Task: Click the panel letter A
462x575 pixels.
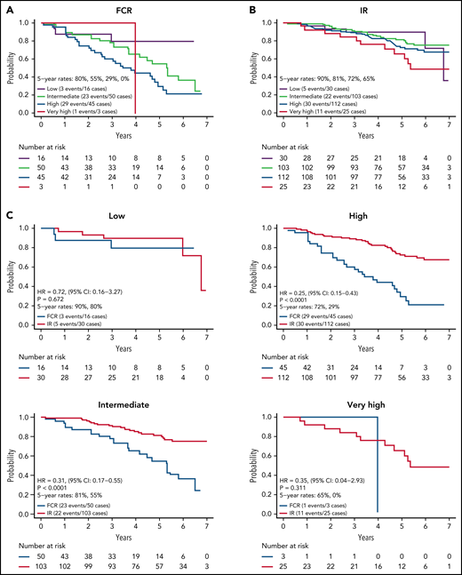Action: pos(8,7)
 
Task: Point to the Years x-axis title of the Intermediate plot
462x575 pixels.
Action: pos(125,526)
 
